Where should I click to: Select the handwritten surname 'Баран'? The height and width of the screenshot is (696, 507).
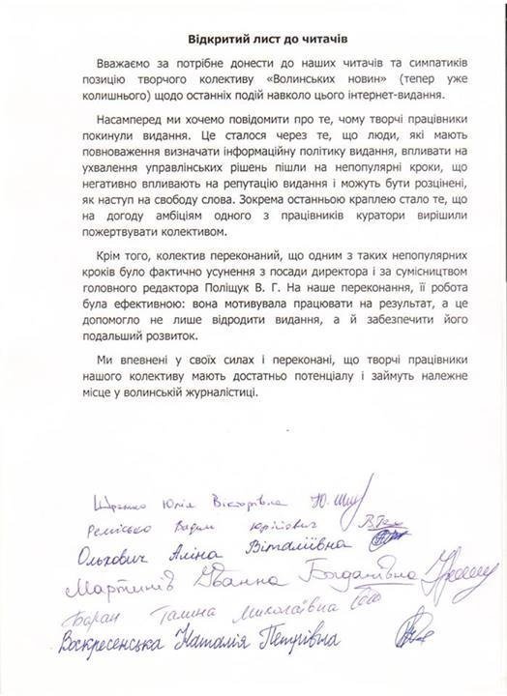[x=103, y=618]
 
